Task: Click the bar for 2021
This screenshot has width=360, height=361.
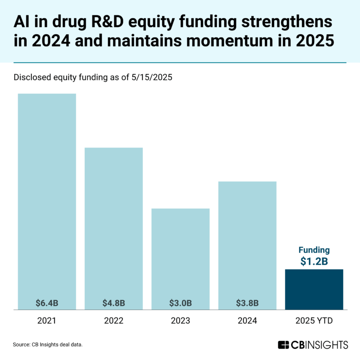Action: tap(47, 197)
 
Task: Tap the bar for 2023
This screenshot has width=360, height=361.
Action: tap(180, 253)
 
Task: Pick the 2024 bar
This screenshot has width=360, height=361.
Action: tap(247, 239)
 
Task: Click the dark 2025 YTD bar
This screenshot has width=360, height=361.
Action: tap(314, 289)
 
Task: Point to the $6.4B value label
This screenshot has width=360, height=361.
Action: tap(47, 302)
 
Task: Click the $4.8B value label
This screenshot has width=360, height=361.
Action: tap(113, 302)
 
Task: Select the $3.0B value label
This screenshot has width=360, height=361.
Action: tap(180, 302)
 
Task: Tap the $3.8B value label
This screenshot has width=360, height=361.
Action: tap(247, 302)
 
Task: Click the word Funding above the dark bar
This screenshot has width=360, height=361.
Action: tap(314, 250)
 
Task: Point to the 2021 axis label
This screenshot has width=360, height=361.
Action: tap(47, 321)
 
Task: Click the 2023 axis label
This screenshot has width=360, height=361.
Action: tap(180, 321)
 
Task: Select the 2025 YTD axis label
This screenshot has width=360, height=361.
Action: tap(314, 321)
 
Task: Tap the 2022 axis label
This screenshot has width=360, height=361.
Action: tap(113, 321)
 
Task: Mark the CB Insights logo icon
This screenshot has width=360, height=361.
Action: tap(283, 345)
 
